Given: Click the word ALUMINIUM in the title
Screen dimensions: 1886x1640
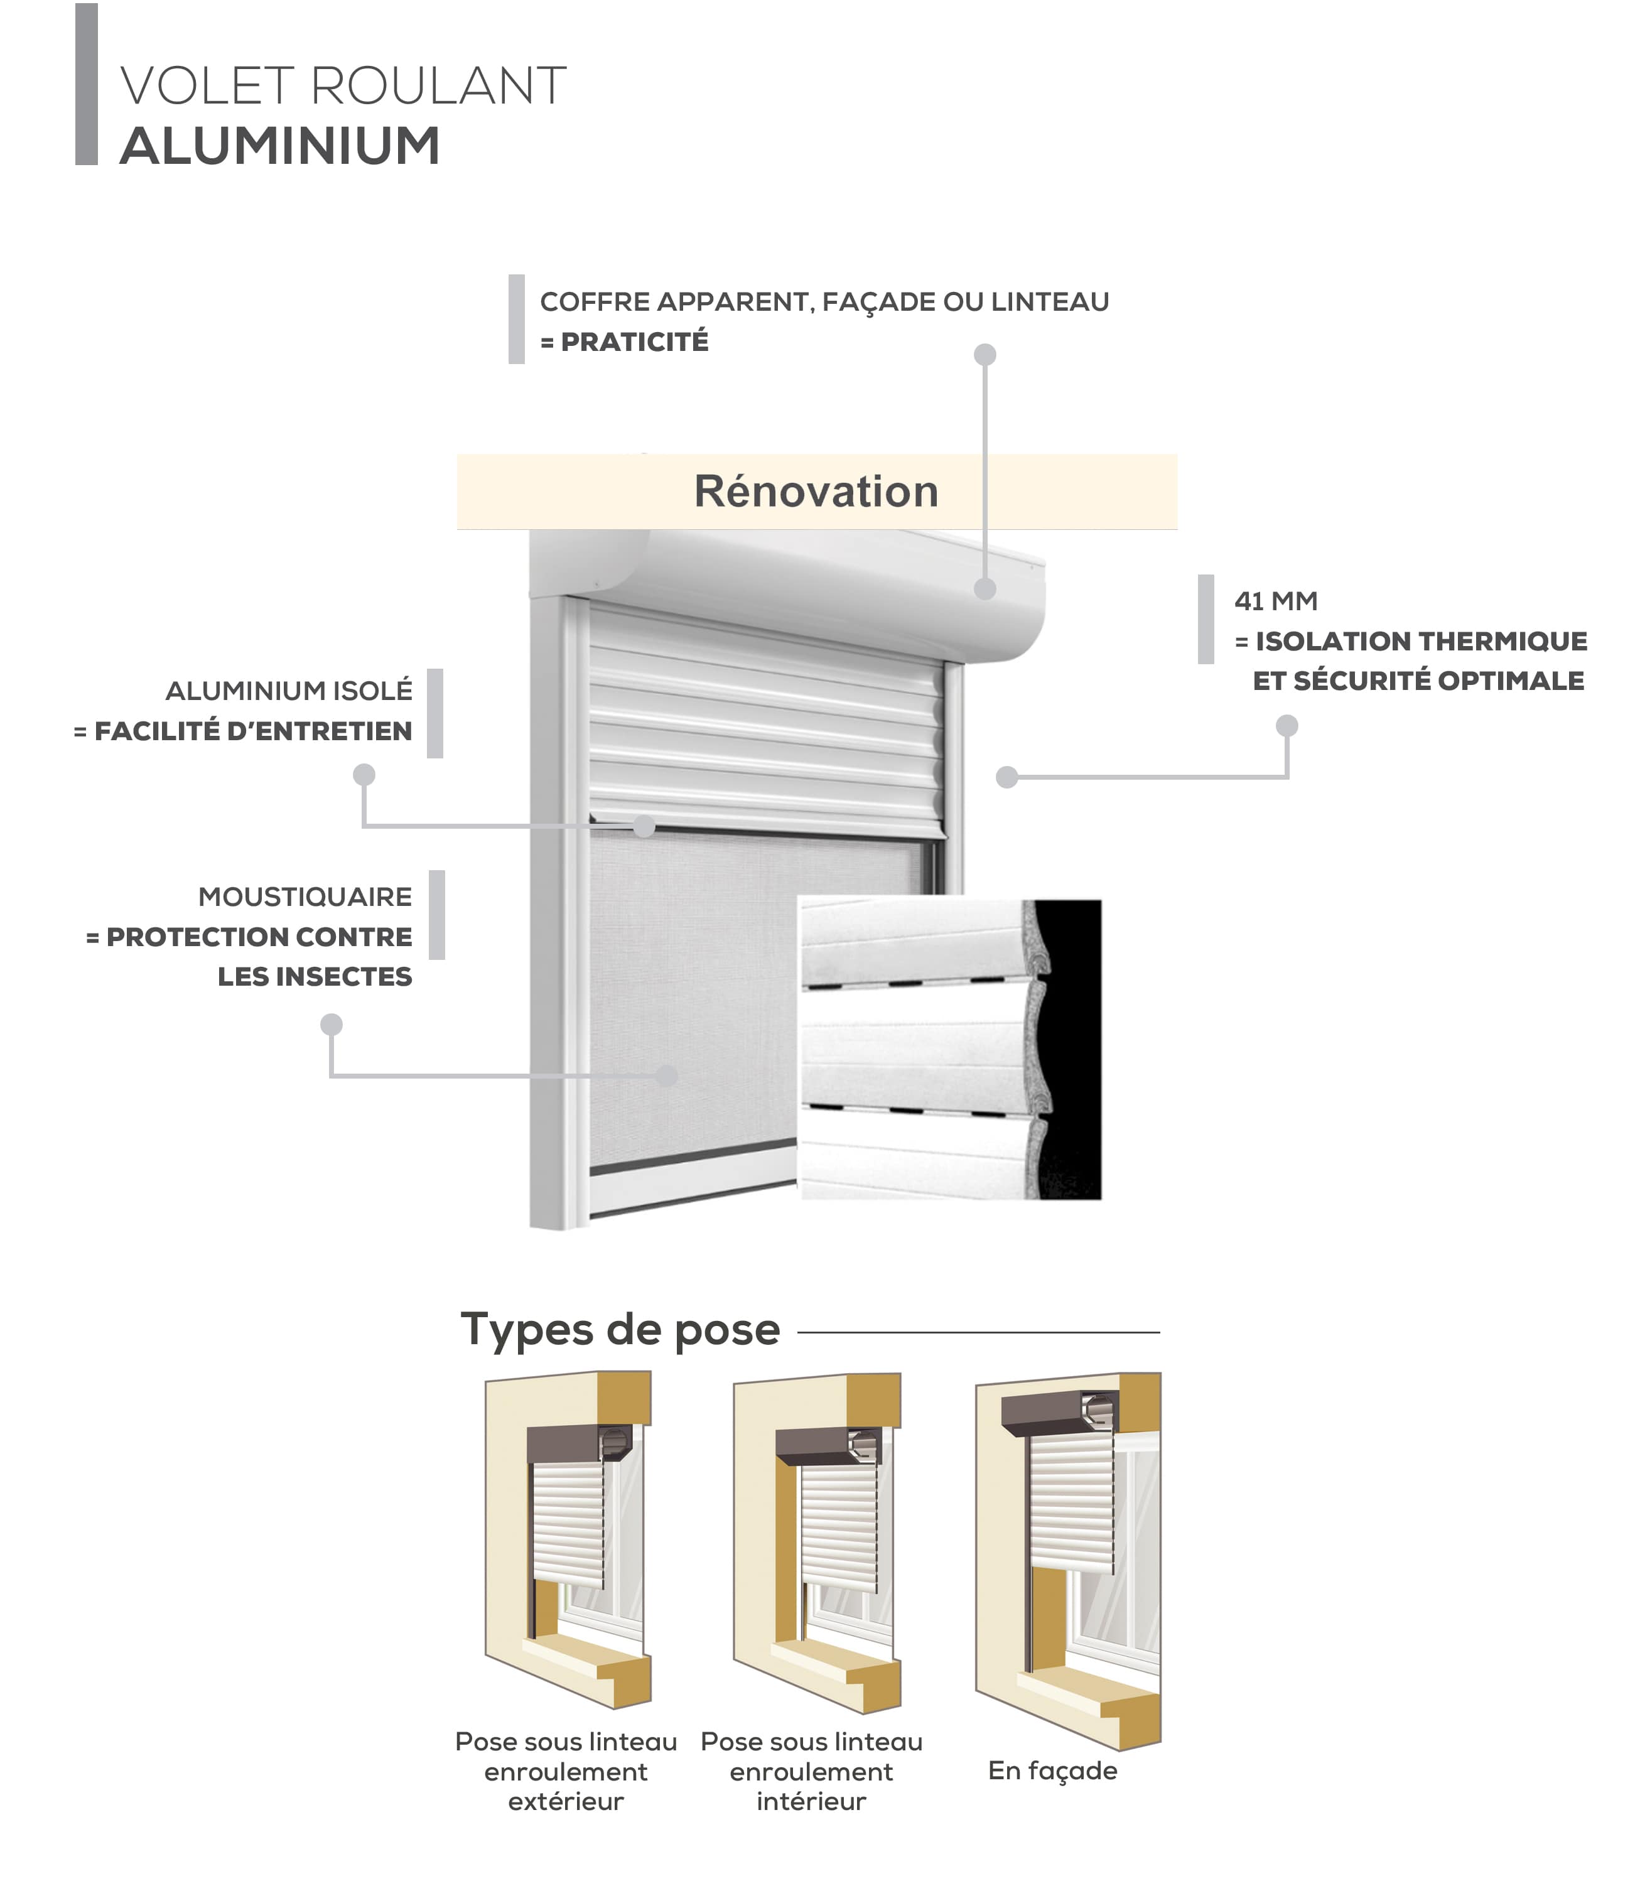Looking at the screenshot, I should click(279, 146).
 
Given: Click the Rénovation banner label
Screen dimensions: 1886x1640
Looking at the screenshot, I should click(816, 492).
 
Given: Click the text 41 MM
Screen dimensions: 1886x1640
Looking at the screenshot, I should click(1276, 601).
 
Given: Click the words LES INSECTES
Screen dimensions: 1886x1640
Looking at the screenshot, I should click(315, 976).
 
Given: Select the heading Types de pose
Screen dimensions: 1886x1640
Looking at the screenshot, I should click(620, 1330).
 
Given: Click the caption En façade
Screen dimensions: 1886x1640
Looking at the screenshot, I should click(1052, 1770).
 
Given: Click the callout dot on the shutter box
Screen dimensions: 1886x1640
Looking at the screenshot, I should click(985, 588).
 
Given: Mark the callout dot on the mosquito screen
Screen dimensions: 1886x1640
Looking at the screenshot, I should click(666, 1075).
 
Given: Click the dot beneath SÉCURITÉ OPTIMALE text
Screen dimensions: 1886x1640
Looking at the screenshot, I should click(1287, 726).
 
